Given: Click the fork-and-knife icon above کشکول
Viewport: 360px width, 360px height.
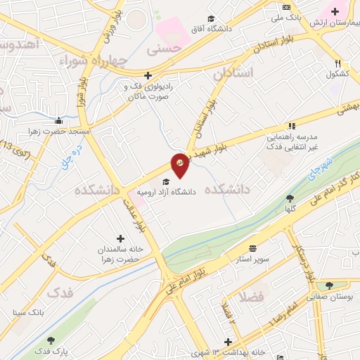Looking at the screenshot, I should pyautogui.click(x=339, y=63).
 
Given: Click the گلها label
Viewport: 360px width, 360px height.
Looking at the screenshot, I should pyautogui.click(x=290, y=209).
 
